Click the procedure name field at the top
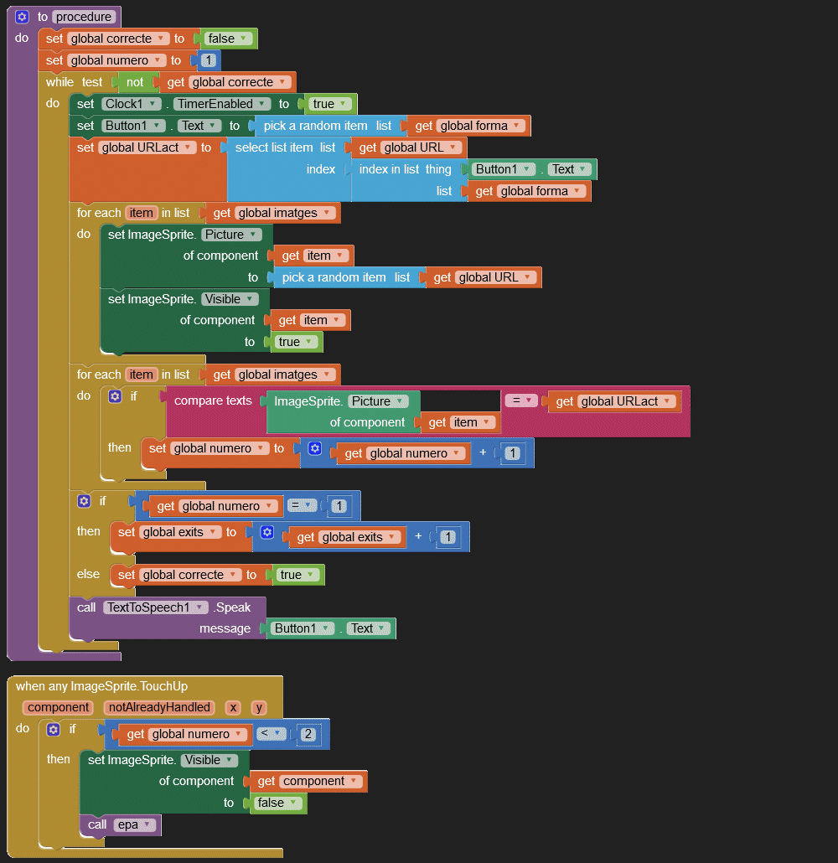pos(84,17)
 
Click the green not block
pos(135,82)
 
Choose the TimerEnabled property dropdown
pos(222,104)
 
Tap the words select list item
pos(274,147)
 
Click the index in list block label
pos(389,169)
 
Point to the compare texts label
pos(213,400)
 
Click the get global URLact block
pos(612,401)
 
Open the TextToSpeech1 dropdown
pos(155,607)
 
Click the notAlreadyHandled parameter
pos(158,707)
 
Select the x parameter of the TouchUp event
pos(233,707)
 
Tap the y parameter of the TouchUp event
pos(259,707)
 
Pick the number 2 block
pos(308,735)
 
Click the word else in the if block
pos(88,574)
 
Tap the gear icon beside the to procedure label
pos(22,17)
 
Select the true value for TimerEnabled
pos(328,104)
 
